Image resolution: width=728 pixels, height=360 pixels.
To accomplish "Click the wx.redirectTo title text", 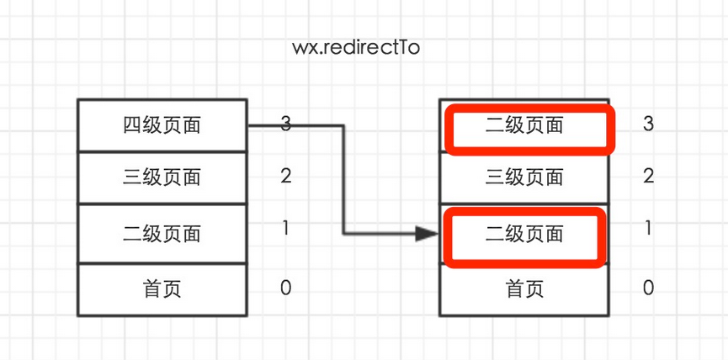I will coord(355,48).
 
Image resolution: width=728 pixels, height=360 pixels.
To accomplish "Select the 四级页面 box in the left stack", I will coord(162,125).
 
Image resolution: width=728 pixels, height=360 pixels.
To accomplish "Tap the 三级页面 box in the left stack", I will coord(162,177).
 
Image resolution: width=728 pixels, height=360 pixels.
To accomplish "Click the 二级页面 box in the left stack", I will coord(162,233).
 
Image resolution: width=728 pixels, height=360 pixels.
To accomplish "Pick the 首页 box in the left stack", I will coord(162,289).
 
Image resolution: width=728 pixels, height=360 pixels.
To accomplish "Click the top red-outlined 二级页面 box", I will coord(529,130).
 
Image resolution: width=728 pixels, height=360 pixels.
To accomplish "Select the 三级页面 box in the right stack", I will coord(524,177).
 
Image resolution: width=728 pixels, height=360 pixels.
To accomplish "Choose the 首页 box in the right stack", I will coord(524,289).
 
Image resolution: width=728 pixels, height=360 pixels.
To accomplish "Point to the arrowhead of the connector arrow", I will coord(428,234).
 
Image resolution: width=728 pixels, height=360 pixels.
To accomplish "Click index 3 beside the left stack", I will coord(286,124).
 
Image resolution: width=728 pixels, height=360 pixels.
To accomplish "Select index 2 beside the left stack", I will coord(286,176).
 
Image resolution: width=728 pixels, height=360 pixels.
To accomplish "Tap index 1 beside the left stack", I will coord(286,228).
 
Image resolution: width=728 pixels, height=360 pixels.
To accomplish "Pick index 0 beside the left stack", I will coord(286,288).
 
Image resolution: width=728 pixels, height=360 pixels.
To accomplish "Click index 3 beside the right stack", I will coord(648,124).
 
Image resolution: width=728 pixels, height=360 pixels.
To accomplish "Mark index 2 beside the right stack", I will coord(648,176).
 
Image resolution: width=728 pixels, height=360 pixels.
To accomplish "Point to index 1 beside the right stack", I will coord(648,228).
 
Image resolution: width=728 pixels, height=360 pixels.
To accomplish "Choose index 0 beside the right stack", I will coord(648,288).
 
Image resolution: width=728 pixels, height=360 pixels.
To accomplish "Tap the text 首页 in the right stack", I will coord(524,289).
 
